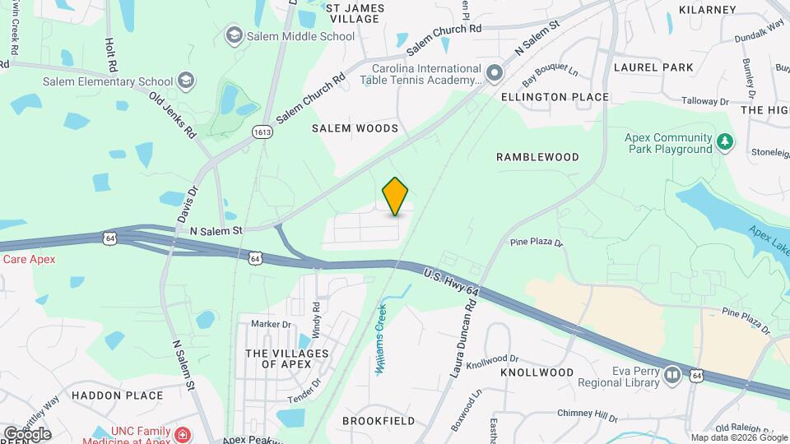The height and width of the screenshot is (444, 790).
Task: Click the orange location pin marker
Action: pyautogui.click(x=396, y=196)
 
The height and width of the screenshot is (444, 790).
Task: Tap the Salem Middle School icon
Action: pyautogui.click(x=234, y=35)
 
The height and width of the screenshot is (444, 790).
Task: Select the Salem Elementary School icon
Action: pyautogui.click(x=187, y=81)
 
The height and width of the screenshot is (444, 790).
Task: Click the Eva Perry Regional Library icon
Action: pyautogui.click(x=672, y=376)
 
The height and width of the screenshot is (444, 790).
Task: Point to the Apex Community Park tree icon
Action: pyautogui.click(x=724, y=143)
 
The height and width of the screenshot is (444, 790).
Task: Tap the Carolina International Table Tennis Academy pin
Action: pyautogui.click(x=494, y=74)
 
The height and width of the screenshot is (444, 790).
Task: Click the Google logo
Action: pyautogui.click(x=27, y=434)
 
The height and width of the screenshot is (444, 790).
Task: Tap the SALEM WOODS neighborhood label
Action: pyautogui.click(x=355, y=128)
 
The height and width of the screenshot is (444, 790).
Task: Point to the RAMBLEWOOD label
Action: pyautogui.click(x=538, y=156)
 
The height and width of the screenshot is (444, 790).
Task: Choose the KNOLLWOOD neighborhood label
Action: pyautogui.click(x=537, y=372)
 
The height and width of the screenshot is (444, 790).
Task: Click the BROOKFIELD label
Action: pyautogui.click(x=379, y=420)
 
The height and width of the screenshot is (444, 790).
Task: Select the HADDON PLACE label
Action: pyautogui.click(x=117, y=395)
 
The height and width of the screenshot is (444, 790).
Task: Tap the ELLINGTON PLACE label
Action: pyautogui.click(x=555, y=97)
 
